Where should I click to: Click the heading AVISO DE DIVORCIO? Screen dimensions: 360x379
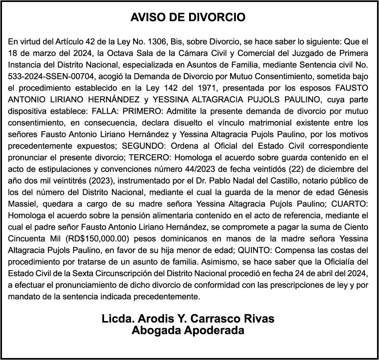coord(188,17)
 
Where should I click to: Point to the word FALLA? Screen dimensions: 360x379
coord(104,111)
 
